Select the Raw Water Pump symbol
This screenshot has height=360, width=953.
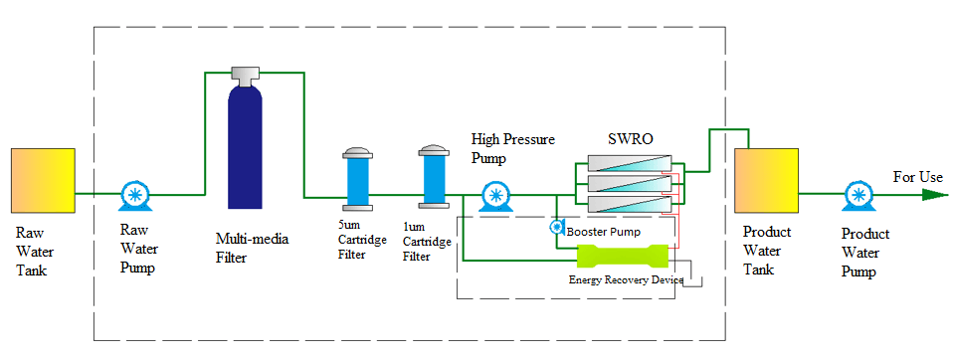click(132, 194)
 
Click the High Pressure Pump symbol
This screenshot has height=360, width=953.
click(494, 196)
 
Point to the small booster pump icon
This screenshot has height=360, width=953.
click(557, 228)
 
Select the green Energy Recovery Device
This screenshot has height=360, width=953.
click(622, 256)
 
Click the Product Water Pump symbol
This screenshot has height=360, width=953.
click(857, 194)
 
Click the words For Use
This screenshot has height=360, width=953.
click(917, 177)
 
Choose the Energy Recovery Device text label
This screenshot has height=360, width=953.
click(626, 280)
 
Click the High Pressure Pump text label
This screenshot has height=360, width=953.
click(512, 147)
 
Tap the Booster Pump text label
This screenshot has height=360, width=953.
click(604, 231)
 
